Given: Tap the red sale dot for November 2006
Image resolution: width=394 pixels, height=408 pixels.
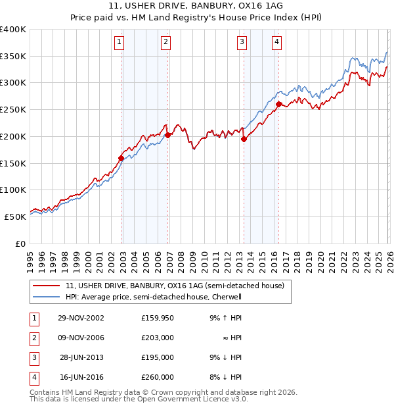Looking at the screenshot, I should tap(168, 135).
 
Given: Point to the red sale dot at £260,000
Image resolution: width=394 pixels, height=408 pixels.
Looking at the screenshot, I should tap(279, 104).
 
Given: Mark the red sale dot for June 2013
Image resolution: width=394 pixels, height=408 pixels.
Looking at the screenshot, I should tap(244, 139).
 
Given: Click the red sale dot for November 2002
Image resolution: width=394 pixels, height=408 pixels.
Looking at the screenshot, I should tap(121, 158).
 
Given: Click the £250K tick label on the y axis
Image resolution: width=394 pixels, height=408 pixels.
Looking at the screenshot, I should tap(13, 110).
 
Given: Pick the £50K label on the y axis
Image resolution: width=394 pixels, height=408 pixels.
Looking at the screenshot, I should tap(16, 217).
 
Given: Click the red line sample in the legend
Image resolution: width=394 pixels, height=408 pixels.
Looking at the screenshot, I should tap(46, 286).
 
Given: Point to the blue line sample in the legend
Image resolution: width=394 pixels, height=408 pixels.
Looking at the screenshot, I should tap(46, 297).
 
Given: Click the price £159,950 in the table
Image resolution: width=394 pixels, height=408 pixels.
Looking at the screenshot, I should tap(158, 318).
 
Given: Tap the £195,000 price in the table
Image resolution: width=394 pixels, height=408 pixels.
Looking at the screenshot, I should tap(158, 357).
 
